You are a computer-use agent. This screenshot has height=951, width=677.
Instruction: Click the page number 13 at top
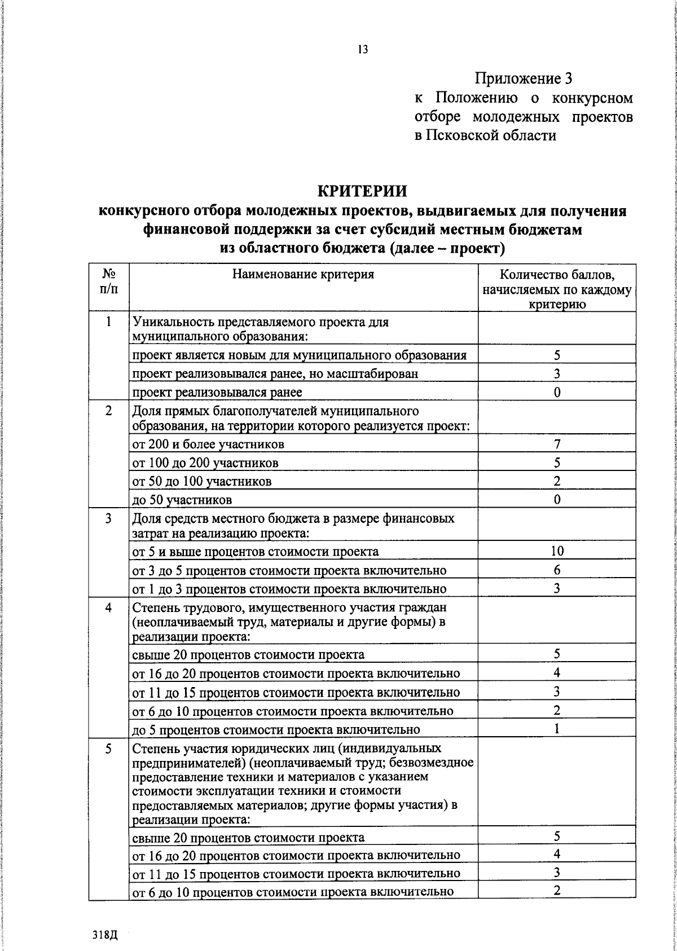pos(362,50)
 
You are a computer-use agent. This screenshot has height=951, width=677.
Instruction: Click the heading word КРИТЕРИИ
pos(362,191)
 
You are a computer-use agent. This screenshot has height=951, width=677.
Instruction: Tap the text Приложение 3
pos(527,78)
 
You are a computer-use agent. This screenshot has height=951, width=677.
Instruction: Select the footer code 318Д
pos(105,934)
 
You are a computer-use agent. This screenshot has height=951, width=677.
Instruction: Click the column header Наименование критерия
pos(303,275)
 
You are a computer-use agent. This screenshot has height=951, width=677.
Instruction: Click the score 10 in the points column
pos(557,551)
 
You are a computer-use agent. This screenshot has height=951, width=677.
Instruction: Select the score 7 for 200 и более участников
pos(557,444)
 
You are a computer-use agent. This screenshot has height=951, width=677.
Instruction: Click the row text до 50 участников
pos(182,500)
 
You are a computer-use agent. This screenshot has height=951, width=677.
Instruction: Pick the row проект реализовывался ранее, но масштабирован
pos(275,374)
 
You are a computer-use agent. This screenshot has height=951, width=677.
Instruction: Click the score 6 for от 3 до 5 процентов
pos(557,570)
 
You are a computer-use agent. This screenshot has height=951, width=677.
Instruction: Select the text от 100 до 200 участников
pos(205,463)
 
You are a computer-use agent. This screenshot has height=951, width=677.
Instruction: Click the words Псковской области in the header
pos(491,136)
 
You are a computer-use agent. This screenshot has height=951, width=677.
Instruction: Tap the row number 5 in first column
pos(108,749)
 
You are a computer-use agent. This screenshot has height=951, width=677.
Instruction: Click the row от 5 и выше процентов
pos(256,552)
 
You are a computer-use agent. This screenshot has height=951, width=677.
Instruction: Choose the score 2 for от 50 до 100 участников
pos(557,481)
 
